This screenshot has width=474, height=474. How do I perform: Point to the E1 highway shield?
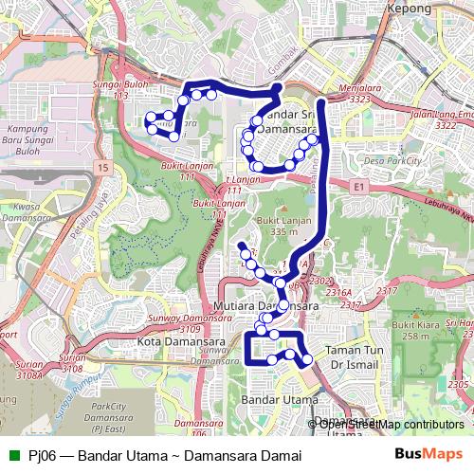point(358,189)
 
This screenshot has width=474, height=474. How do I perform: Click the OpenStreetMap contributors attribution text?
point(391,424)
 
